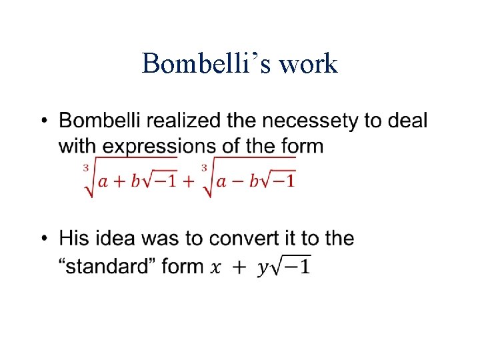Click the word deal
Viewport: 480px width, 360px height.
tap(405, 121)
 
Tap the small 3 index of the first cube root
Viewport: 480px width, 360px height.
tap(86, 167)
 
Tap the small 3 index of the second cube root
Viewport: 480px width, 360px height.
tap(203, 167)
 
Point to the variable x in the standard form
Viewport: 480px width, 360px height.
tap(215, 267)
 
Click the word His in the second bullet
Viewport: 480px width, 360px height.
tap(74, 238)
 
